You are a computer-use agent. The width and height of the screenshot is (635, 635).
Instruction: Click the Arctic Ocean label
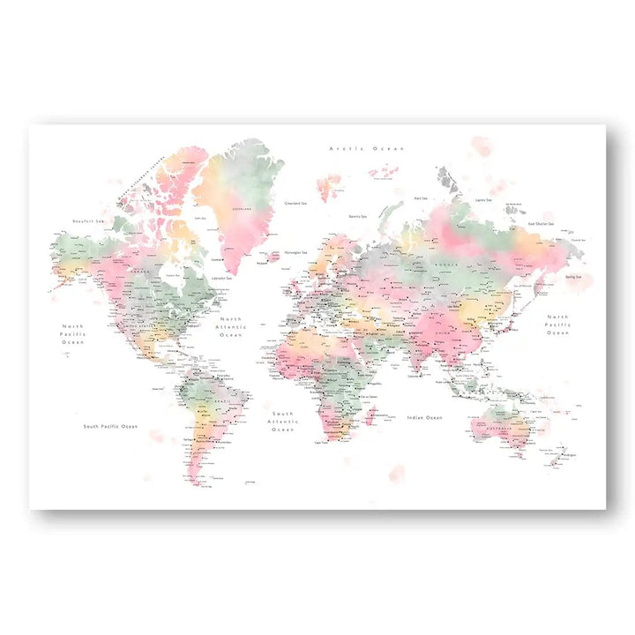368,149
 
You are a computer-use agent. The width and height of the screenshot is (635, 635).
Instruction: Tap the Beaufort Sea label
90,221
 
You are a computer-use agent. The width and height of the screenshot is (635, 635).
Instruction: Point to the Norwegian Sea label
297,252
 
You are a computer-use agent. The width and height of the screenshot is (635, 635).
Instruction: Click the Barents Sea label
357,216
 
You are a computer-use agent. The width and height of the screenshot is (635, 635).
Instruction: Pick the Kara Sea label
422,198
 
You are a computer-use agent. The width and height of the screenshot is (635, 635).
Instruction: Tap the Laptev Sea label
482,199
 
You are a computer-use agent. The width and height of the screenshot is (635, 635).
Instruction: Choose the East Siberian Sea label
541,223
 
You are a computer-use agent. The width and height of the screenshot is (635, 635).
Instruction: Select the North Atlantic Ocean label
230,327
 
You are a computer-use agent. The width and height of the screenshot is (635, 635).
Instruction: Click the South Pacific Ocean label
110,426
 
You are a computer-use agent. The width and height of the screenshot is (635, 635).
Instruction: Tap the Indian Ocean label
424,417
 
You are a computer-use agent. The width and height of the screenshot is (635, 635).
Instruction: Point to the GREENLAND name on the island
241,209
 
